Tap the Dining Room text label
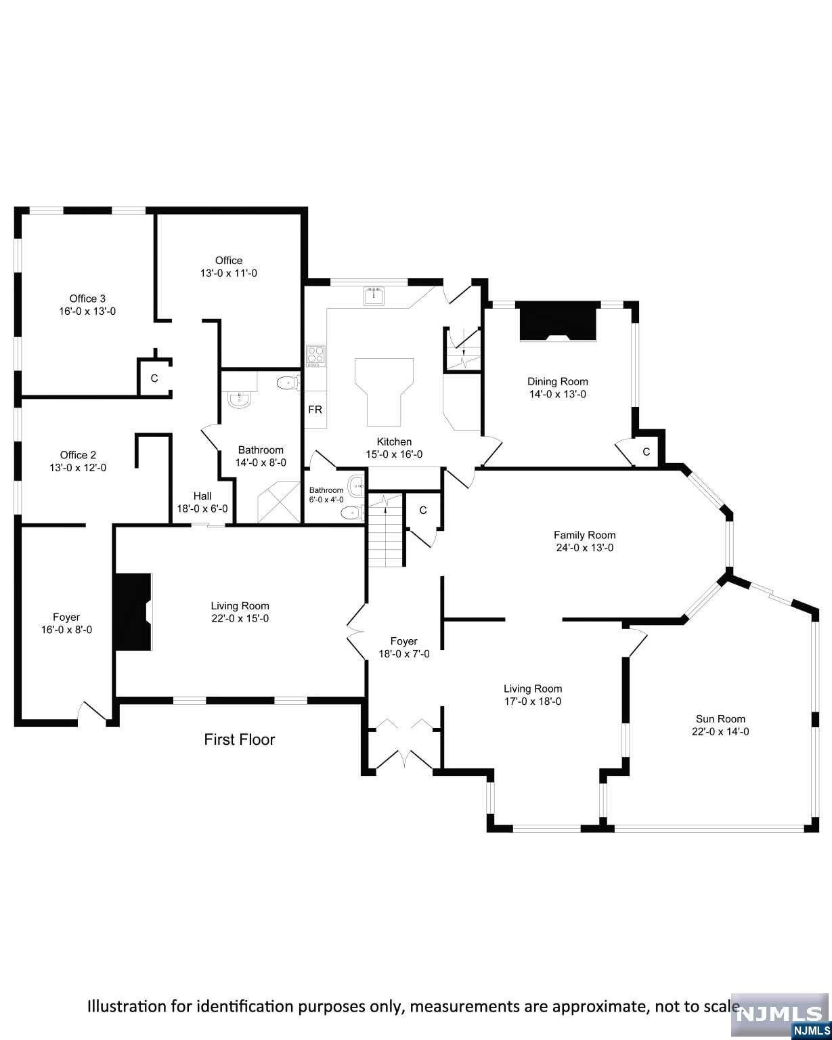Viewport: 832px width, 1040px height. (557, 381)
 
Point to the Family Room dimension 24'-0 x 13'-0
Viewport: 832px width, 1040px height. (584, 548)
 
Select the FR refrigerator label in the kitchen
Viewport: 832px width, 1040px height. (315, 410)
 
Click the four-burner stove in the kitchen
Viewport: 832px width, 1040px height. (315, 355)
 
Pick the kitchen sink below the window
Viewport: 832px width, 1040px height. (374, 296)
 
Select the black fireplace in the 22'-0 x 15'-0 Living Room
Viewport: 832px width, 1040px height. (133, 612)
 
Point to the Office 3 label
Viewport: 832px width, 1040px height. (87, 299)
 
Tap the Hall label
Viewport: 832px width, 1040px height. (202, 496)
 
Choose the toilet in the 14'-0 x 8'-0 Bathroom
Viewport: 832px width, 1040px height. (289, 383)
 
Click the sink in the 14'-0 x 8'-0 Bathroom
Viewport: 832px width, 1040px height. (240, 399)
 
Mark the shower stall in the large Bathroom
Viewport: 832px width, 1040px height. (279, 502)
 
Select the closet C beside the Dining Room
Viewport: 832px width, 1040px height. (646, 452)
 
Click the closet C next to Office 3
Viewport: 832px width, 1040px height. (154, 378)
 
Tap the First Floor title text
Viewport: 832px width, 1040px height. (240, 739)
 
